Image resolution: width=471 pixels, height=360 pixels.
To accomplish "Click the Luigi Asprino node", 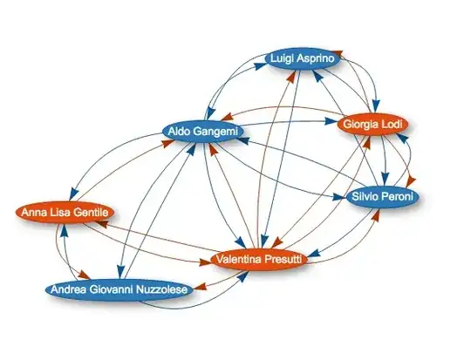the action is coord(303,58).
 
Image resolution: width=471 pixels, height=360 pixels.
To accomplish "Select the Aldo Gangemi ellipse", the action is coord(202,132).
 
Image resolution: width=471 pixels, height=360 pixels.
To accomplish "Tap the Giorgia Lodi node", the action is coord(372,124).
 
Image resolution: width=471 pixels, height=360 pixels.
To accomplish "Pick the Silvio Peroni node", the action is coord(382,197).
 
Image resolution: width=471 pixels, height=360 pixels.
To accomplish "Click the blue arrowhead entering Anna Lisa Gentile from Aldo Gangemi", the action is coord(72,193).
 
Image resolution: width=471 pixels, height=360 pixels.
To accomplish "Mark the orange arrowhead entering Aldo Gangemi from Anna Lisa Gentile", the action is coord(167,144).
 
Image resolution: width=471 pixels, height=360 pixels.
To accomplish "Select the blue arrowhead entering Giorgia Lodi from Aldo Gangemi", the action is coord(331,121).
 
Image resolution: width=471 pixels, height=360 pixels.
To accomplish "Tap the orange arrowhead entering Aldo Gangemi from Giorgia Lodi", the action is coord(227,117).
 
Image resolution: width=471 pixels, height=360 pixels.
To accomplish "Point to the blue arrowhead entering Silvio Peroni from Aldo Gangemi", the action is coord(340,197).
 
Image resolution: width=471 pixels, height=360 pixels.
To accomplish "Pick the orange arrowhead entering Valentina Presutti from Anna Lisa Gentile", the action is coord(206,262).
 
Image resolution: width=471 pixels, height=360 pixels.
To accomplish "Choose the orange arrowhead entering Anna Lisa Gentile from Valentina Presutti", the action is coord(101,224).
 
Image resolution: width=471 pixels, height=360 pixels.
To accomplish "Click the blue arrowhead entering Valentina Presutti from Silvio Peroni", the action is coord(313,254).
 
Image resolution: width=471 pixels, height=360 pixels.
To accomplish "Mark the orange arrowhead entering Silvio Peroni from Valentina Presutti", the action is coord(377,214).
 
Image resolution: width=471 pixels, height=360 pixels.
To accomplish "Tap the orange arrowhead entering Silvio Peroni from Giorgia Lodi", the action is coord(411,181).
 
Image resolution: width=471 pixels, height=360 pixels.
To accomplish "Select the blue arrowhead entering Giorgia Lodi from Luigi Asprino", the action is coord(376,106).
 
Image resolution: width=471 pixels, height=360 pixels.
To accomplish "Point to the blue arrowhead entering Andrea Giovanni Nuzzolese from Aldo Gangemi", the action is coord(120,271).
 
